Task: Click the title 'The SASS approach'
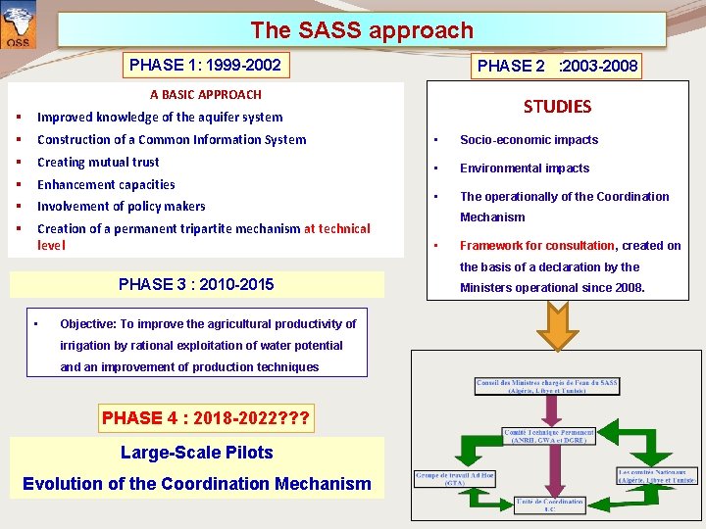[361, 30]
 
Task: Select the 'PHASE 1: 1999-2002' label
[205, 66]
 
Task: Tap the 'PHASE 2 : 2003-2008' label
[557, 67]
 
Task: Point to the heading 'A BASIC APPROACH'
[205, 95]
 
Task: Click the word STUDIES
[557, 106]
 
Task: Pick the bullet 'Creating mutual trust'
[98, 162]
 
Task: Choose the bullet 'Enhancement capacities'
[106, 184]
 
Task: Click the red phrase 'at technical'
[337, 228]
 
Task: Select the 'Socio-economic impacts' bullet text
[529, 140]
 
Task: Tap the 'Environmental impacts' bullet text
[525, 168]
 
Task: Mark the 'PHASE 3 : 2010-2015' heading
[196, 285]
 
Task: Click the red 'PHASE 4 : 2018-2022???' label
[206, 418]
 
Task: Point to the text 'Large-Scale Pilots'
[196, 453]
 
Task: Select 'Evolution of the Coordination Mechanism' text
[196, 483]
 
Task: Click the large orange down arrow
[556, 327]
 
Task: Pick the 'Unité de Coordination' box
[550, 505]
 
